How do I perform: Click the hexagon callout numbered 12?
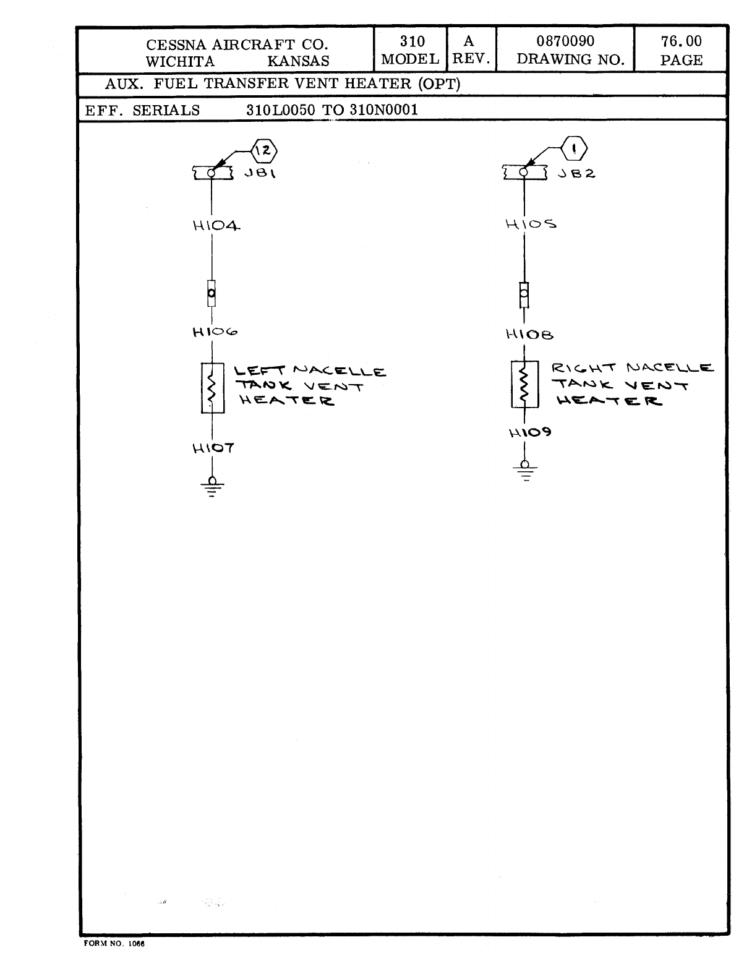point(264,150)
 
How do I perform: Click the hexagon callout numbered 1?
point(575,149)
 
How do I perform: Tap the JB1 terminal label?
point(260,174)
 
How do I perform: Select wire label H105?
point(531,224)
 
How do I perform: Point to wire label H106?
point(215,332)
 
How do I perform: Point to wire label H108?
point(529,335)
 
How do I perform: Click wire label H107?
point(213,448)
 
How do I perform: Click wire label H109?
point(530,433)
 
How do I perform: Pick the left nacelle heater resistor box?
point(212,388)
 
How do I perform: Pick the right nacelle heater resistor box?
point(524,385)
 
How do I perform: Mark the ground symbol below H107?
point(212,487)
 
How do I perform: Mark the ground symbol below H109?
point(525,471)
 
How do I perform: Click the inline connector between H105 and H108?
point(524,295)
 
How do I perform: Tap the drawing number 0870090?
point(565,41)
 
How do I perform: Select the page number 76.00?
point(681,41)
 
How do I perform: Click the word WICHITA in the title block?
point(181,61)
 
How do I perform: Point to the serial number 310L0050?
point(281,110)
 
